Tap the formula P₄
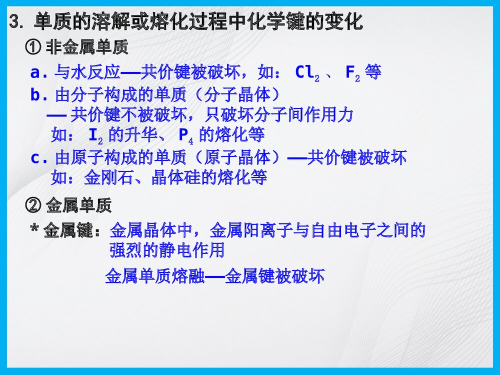pos(185,135)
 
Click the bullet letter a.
pos(35,73)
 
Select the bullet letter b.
pos(35,95)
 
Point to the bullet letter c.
pos(35,158)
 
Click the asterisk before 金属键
pos(34,230)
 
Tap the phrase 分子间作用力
pos(312,115)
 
